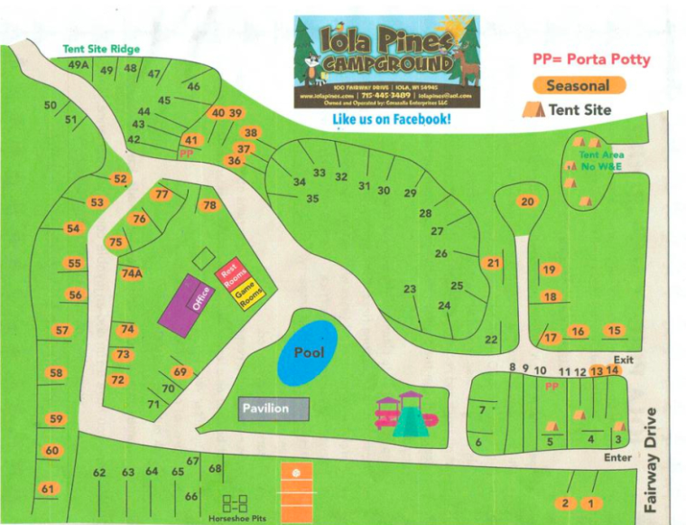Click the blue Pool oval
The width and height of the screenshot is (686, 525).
307,352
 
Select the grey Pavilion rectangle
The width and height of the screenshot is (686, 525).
273,408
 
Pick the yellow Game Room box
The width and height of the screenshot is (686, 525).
249,295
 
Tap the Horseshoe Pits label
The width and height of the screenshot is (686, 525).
237,518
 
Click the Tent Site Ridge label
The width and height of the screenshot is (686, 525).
101,49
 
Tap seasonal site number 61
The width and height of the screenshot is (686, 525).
47,489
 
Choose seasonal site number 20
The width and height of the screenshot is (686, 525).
527,202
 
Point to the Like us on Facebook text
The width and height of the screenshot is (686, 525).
391,120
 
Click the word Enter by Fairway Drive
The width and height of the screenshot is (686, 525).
617,458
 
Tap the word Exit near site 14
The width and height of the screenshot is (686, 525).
623,360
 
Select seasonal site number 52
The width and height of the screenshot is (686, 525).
120,179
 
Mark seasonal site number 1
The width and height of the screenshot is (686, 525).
591,503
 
